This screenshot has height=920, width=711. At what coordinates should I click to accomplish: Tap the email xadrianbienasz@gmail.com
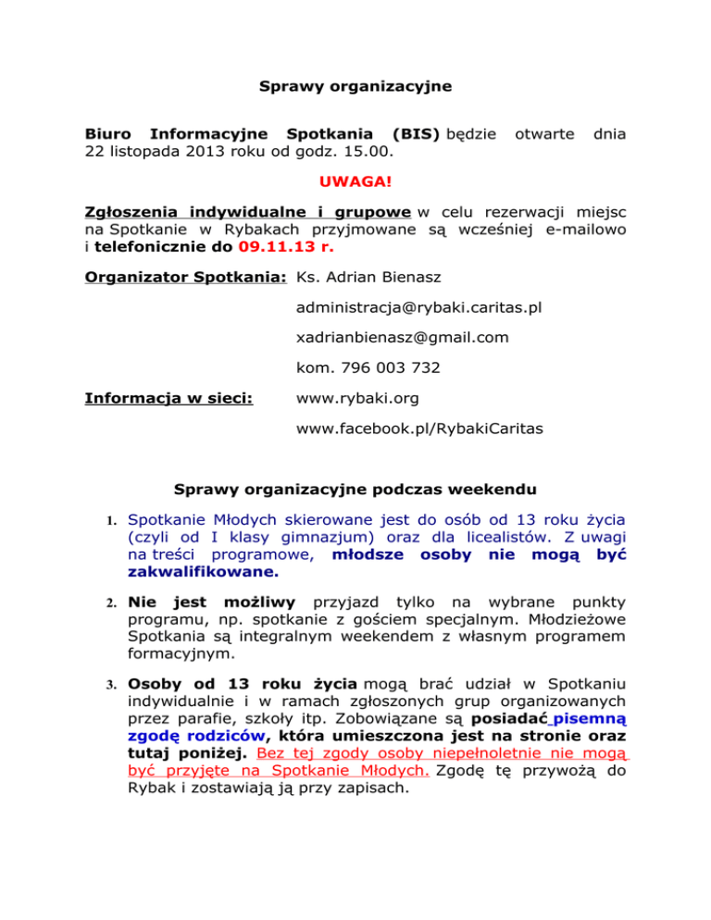(x=403, y=338)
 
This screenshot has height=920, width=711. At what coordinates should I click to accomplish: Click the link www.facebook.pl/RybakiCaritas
(x=419, y=429)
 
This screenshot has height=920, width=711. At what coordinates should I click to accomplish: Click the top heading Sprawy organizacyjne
(x=355, y=87)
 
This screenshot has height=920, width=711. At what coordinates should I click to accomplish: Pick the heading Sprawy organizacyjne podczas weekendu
(x=354, y=491)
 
